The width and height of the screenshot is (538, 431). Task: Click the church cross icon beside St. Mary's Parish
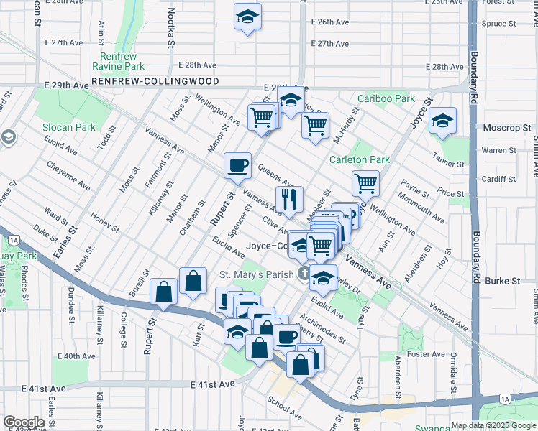[x=304, y=273]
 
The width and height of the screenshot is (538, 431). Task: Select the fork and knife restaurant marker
[x=289, y=200]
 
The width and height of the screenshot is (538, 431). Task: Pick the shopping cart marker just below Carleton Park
[x=365, y=184]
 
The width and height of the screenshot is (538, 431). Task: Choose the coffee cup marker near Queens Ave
[x=237, y=167]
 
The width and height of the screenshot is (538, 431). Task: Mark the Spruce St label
[x=501, y=23]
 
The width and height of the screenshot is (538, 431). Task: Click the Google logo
[x=24, y=422]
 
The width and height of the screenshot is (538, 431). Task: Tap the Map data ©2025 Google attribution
[x=493, y=425]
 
